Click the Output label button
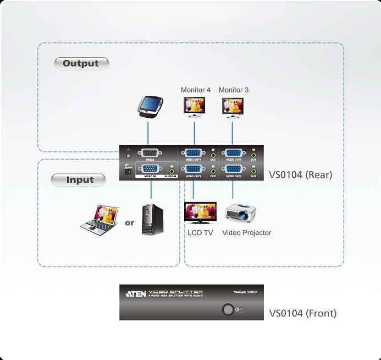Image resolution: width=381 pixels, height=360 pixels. pyautogui.click(x=81, y=63)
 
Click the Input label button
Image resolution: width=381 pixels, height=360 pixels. pyautogui.click(x=80, y=180)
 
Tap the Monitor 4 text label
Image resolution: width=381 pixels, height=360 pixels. pyautogui.click(x=196, y=90)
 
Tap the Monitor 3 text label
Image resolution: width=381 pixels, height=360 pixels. pyautogui.click(x=234, y=90)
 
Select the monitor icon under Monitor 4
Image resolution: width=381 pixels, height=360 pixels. pyautogui.click(x=194, y=107)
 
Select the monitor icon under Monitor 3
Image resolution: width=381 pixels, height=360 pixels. pyautogui.click(x=232, y=107)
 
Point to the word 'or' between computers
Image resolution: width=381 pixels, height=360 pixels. pyautogui.click(x=129, y=223)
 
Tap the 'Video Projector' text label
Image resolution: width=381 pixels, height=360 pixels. pyautogui.click(x=247, y=233)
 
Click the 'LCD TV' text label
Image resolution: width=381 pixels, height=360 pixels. pyautogui.click(x=200, y=233)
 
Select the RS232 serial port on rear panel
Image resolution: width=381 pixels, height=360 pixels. pyautogui.click(x=149, y=154)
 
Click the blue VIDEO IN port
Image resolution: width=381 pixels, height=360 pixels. pyautogui.click(x=150, y=171)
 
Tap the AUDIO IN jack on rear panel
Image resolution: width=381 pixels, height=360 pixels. pyautogui.click(x=173, y=171)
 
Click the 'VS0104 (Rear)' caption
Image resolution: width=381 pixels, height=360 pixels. pyautogui.click(x=301, y=175)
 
